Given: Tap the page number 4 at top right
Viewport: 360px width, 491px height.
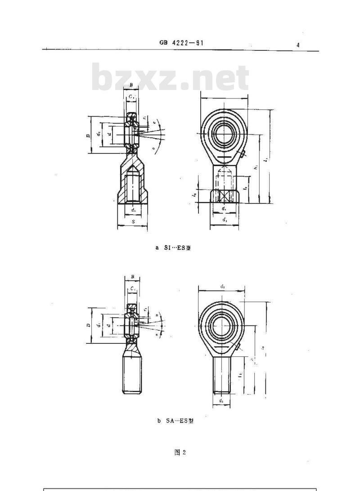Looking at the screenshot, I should pos(298,45).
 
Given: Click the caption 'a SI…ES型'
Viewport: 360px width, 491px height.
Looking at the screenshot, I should pos(173,248).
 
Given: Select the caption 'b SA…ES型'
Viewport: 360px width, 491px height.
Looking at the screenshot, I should pos(175,422).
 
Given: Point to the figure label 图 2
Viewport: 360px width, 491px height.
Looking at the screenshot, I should pos(180,452).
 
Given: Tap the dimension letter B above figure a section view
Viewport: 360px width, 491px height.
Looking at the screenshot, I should pos(131,85).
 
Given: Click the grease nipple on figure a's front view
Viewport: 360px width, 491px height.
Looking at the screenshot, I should pos(243,155).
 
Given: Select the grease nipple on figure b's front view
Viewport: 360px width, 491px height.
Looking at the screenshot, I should pos(238,347).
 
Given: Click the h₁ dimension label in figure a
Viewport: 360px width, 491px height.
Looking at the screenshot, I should pos(255,167).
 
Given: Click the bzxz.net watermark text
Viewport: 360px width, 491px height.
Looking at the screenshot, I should pos(170,79).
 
